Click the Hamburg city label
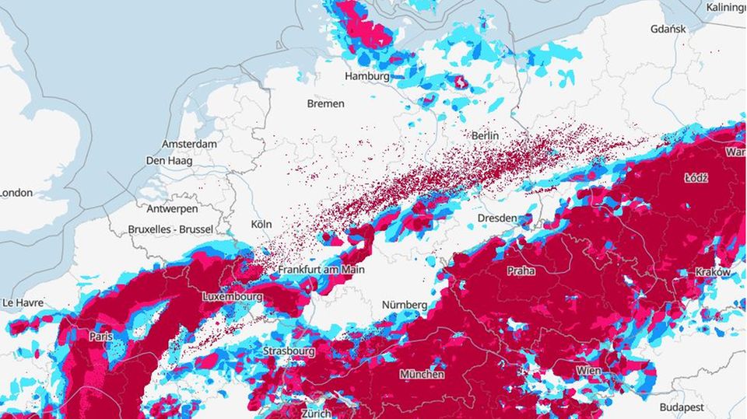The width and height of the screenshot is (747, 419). pos(367,76)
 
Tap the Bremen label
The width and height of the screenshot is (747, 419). pos(325,103)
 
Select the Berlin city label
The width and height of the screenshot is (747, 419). pos(485,135)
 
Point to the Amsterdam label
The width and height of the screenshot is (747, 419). pos(189,145)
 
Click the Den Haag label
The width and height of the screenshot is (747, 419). pos(167,161)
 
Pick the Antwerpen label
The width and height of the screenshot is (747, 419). pos(172,209)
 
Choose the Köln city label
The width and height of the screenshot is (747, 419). pos(261,224)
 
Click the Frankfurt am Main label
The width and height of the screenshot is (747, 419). pos(321,270)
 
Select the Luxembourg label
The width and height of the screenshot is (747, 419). pos(233,297)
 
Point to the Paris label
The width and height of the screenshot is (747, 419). pos(101,337)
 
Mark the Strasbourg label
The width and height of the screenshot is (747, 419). pos(289,351)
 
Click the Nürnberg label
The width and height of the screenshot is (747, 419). pos(404,306)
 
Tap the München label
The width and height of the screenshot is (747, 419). pos(422,375)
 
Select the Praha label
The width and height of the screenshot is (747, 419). pos(521,271)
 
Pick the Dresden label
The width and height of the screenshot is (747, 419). pos(497,218)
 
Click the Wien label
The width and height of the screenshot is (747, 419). pos(588,372)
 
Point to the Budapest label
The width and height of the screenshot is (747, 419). pos(681,407)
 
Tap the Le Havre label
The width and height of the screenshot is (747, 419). pos(23,302)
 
